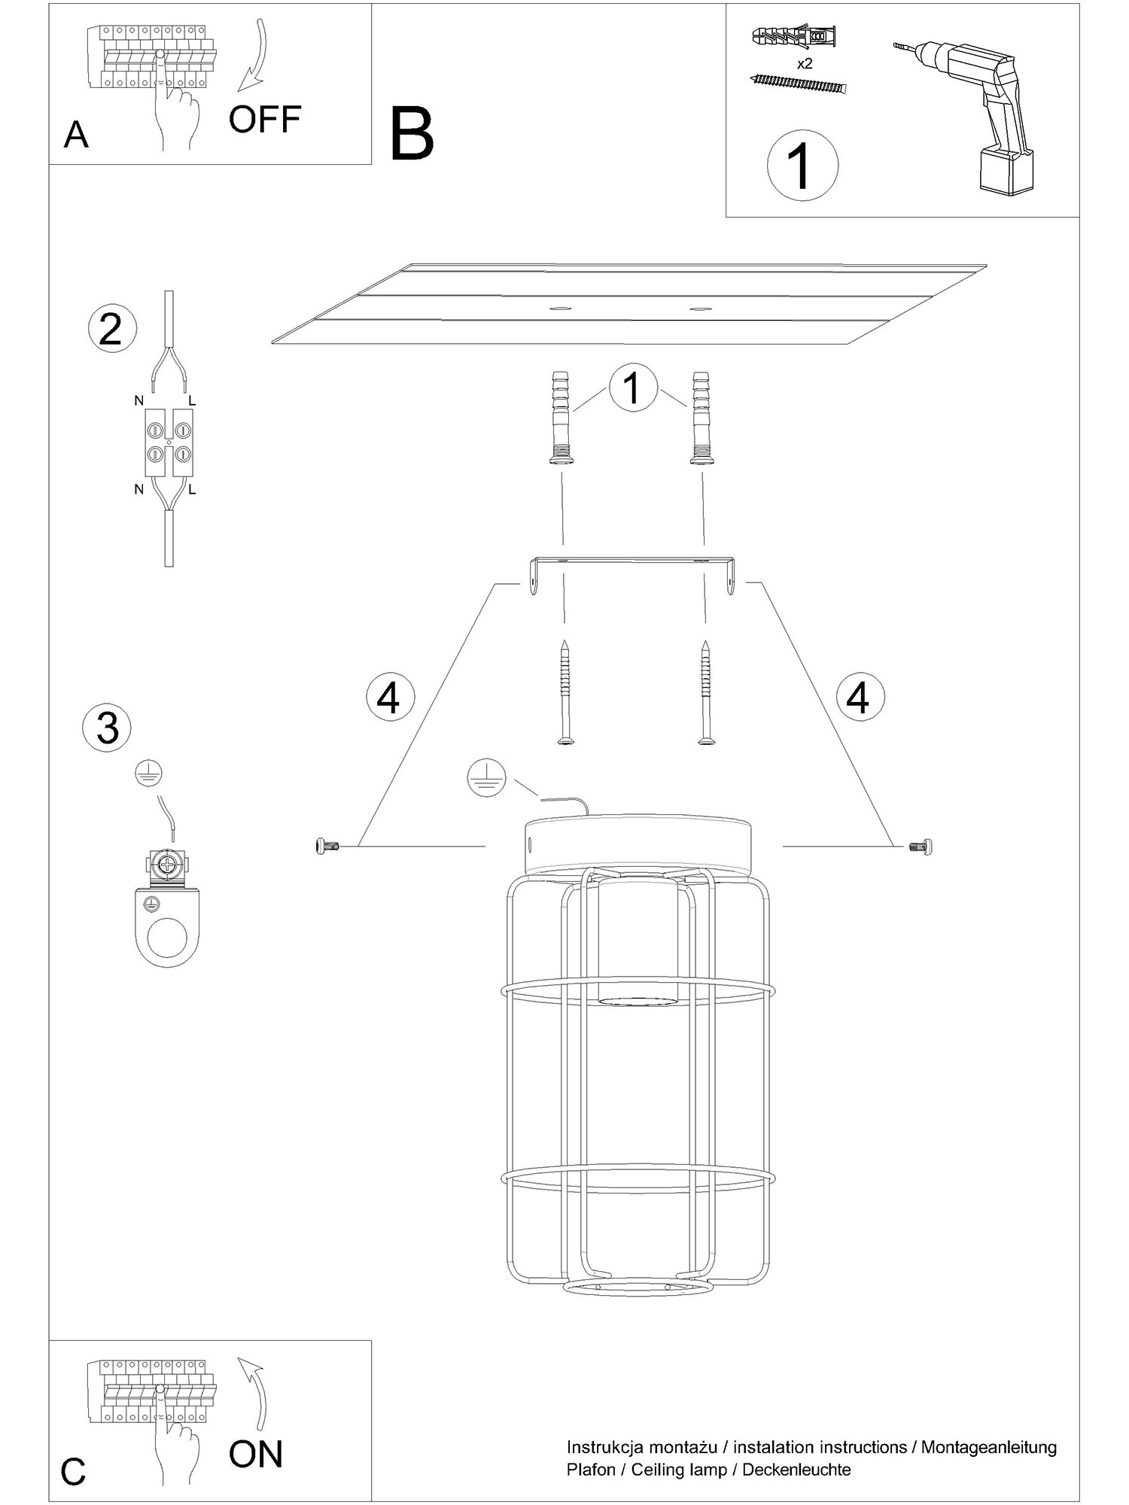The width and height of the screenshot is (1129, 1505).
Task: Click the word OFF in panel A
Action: click(264, 119)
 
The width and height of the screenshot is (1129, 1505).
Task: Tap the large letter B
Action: click(412, 135)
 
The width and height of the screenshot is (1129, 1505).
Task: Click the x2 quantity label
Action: click(805, 64)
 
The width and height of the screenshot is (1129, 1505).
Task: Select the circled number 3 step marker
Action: click(107, 728)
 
